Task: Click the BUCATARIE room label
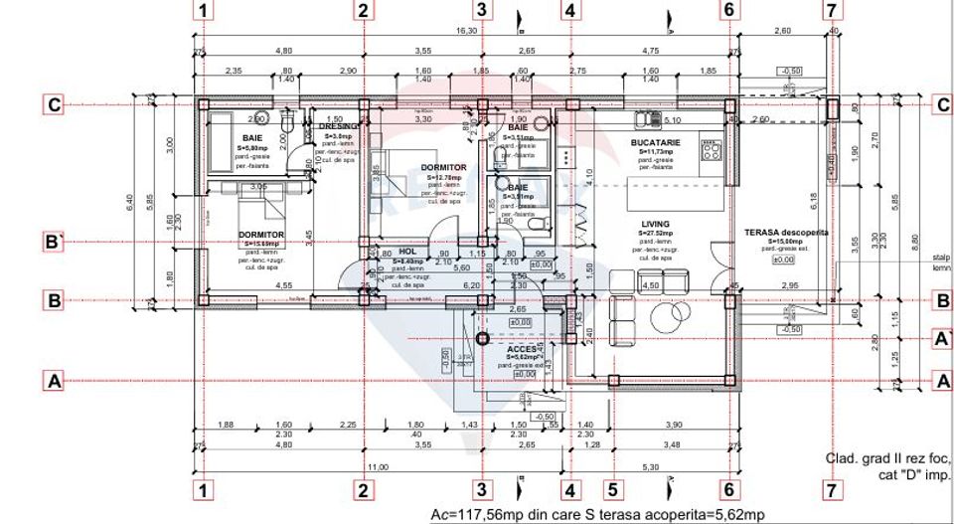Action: [x=655, y=143]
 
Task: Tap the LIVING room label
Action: [x=655, y=225]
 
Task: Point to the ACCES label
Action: [x=522, y=350]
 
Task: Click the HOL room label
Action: [x=407, y=253]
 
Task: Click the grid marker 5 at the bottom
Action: [x=612, y=489]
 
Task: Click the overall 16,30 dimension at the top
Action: [x=466, y=31]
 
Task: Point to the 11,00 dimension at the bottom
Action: [x=377, y=466]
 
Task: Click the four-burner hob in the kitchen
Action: [x=712, y=151]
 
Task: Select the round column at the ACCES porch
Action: [x=482, y=338]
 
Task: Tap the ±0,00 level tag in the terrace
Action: [x=785, y=259]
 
